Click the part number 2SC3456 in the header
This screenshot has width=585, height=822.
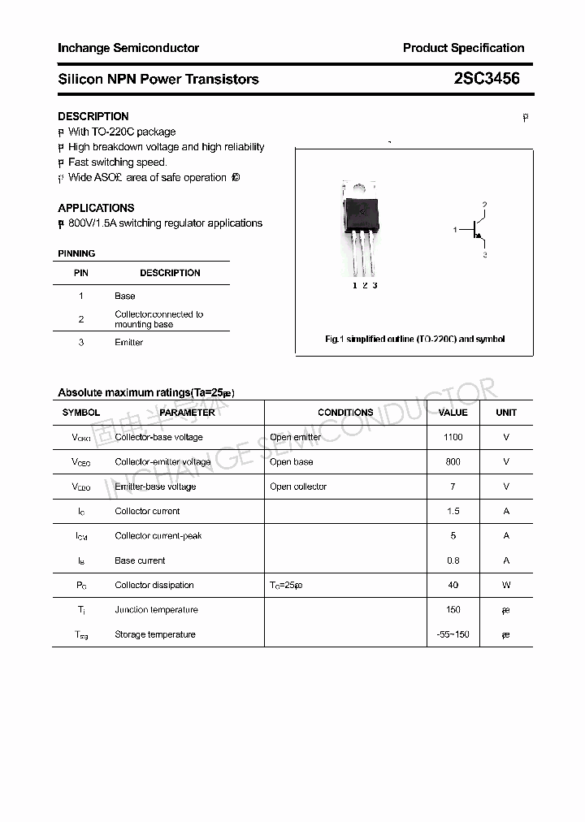pos(487,79)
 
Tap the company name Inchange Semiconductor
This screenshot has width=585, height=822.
pos(128,48)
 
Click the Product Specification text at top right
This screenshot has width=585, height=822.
pos(463,48)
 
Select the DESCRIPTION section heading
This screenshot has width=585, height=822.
pos(93,116)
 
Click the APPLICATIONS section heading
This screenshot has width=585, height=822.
pos(96,208)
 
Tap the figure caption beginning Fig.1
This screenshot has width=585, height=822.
pos(414,339)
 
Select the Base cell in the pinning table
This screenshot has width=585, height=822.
pos(124,296)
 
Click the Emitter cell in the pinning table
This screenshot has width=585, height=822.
pos(128,343)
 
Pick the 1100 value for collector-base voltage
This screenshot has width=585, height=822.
pos(453,437)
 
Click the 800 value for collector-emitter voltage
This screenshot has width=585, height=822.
pos(453,461)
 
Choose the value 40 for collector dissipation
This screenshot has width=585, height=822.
pos(453,585)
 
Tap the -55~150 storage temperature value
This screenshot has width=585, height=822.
pos(453,634)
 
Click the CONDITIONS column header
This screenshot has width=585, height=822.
pos(345,413)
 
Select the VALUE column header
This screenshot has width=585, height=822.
pos(453,413)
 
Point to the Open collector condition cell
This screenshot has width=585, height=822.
pos(298,487)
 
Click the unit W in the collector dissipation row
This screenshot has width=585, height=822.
pos(506,585)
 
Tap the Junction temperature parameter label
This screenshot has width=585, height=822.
pos(155,610)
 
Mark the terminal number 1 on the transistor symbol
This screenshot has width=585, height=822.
pos(455,230)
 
